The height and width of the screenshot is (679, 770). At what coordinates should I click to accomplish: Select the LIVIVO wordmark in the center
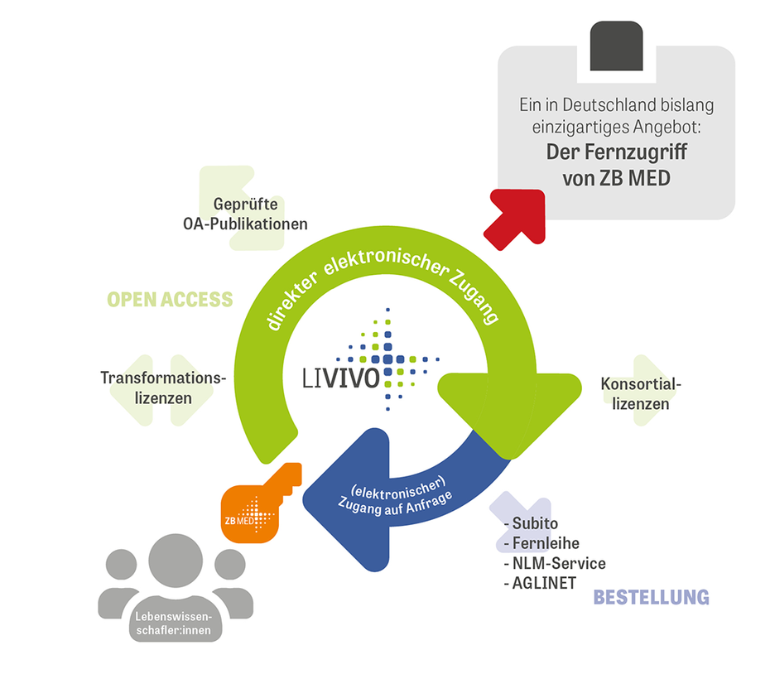pos(341,377)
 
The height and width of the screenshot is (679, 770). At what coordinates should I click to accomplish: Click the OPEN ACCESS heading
pos(170,300)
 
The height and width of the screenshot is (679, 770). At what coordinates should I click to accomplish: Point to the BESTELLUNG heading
pos(651,597)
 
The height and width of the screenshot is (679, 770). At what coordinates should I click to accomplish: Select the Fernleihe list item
pos(541,543)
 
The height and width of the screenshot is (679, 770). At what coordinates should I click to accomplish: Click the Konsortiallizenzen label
pos(634,393)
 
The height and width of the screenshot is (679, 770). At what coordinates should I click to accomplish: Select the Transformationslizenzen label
pos(163,388)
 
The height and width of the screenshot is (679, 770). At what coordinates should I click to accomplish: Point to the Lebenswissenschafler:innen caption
pos(174,623)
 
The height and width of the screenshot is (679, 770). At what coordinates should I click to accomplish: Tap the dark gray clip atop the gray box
pos(616,46)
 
